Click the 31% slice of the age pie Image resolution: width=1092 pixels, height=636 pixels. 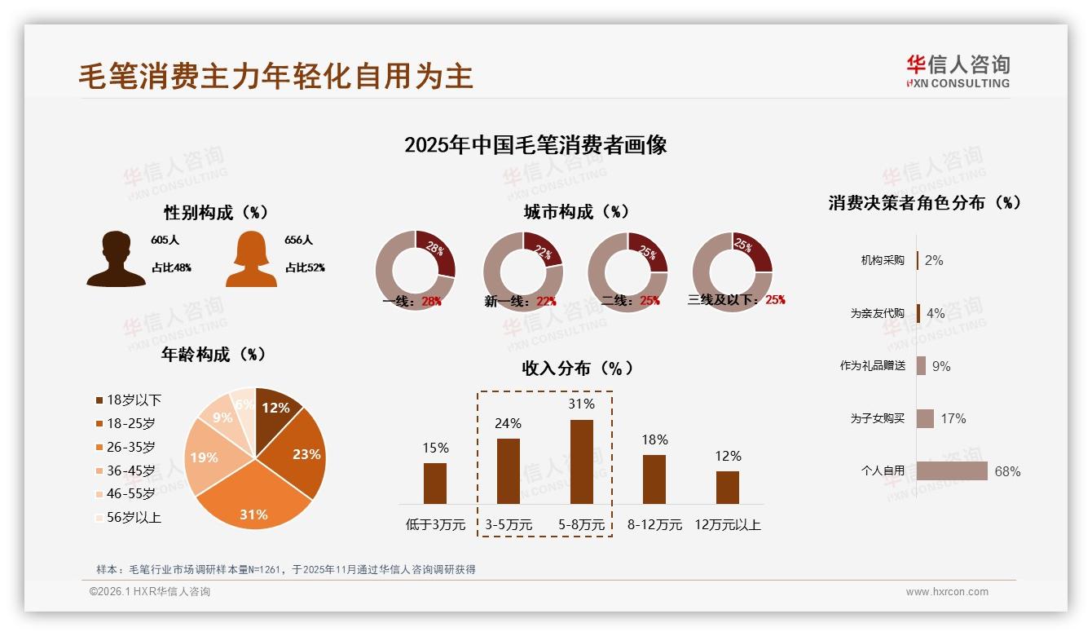[x=254, y=506]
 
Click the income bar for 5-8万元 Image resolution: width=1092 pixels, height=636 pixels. [x=581, y=462]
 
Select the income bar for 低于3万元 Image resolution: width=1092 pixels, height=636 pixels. [x=435, y=483]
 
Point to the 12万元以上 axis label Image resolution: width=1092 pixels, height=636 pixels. [x=727, y=525]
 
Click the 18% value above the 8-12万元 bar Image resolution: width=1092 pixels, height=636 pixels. [x=654, y=439]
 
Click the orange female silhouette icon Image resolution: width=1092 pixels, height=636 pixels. [x=251, y=259]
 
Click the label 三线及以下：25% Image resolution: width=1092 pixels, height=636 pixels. [x=736, y=299]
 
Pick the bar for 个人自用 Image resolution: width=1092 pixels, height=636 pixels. [x=952, y=470]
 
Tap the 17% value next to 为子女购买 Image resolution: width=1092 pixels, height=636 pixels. [x=953, y=418]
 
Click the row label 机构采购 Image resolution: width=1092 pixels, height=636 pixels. [x=883, y=260]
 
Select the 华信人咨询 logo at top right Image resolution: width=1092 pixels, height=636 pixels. [x=958, y=71]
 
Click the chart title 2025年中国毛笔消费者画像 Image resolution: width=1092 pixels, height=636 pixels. [x=535, y=145]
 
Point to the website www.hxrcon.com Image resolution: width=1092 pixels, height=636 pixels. [x=947, y=592]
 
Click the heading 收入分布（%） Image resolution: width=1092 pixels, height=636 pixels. [x=577, y=368]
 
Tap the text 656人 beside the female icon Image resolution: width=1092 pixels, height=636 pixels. [x=299, y=240]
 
